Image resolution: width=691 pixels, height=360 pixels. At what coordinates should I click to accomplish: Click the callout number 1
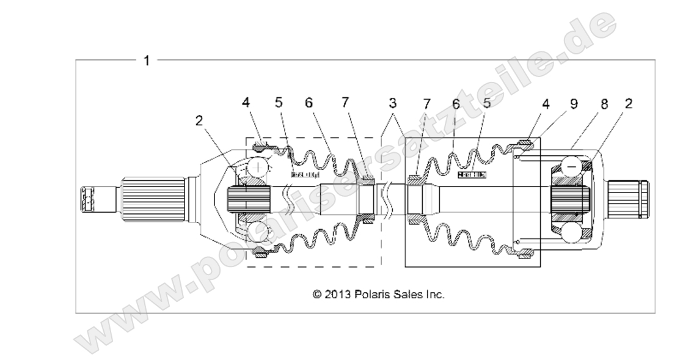click(147, 61)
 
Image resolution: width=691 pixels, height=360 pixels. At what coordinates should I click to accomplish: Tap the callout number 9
click(573, 105)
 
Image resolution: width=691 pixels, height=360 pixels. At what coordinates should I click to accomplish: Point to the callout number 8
click(604, 105)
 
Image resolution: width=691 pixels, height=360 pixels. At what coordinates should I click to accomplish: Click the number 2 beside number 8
click(629, 103)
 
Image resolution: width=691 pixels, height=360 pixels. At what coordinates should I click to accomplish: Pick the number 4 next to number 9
click(546, 105)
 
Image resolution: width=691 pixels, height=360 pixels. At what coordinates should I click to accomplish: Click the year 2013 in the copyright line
click(337, 294)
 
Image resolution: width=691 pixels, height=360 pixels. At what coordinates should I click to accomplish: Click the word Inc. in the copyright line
click(434, 294)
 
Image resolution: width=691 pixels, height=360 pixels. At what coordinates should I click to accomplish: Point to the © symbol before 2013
click(316, 294)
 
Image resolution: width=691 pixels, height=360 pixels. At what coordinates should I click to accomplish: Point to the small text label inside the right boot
click(472, 174)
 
